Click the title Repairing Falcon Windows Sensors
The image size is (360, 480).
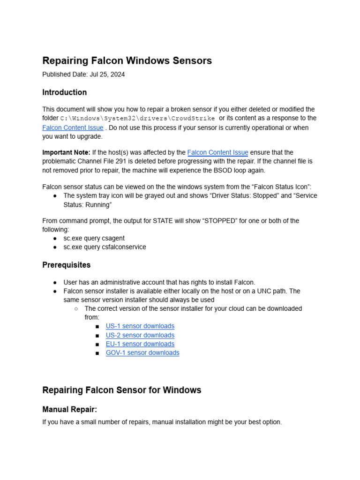coord(127,60)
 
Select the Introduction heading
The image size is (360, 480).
coord(64,92)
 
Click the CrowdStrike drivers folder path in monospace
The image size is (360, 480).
coord(137,119)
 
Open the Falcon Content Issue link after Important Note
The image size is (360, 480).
coord(217,152)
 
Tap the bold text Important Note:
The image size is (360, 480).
coord(66,152)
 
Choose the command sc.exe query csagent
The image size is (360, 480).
coord(94,238)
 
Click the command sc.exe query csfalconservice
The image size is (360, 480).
coord(105,247)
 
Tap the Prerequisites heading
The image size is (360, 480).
coord(66,265)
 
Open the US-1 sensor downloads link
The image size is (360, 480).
coord(140,326)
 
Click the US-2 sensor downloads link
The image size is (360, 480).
coord(140,335)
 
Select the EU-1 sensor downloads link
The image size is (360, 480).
coord(140,344)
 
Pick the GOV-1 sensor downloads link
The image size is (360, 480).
coord(142,353)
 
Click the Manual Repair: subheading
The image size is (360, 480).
coord(69,409)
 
